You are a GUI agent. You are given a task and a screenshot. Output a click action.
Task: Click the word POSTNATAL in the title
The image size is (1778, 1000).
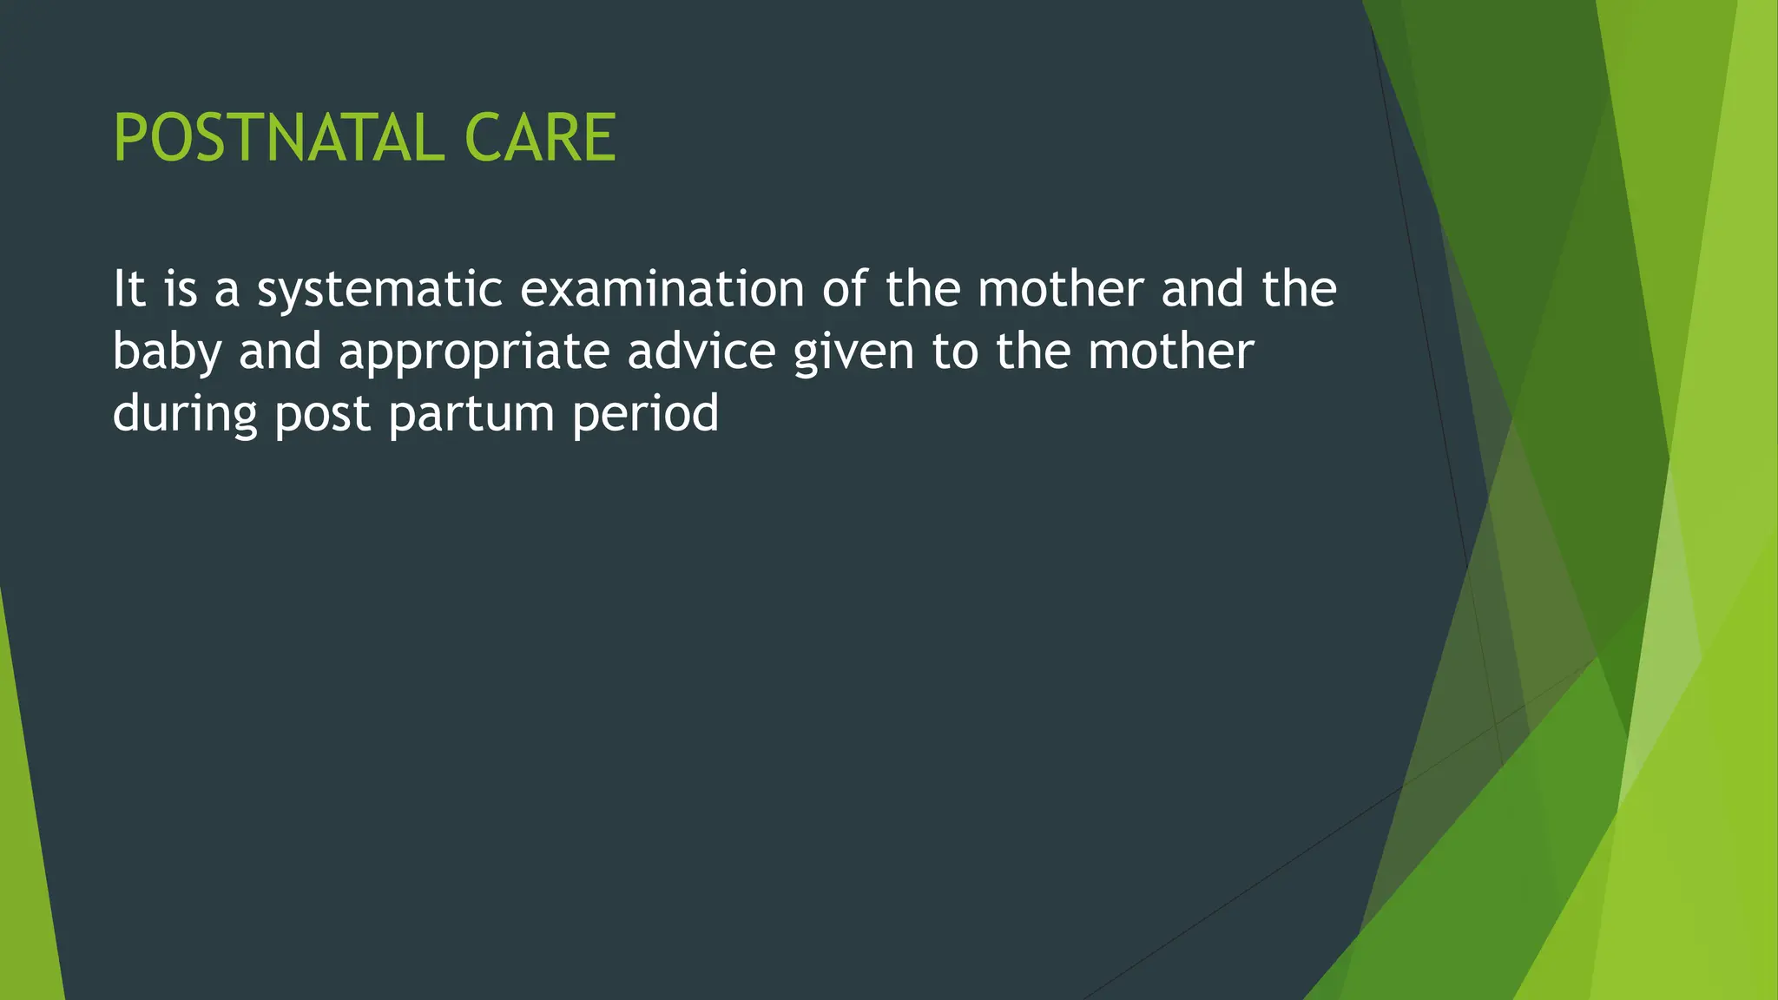pyautogui.click(x=279, y=139)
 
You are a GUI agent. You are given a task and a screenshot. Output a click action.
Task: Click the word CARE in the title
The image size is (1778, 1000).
pyautogui.click(x=540, y=139)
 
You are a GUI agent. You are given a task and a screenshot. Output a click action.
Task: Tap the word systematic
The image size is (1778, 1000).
pyautogui.click(x=379, y=291)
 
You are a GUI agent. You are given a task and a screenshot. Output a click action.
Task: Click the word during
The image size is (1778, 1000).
pyautogui.click(x=185, y=414)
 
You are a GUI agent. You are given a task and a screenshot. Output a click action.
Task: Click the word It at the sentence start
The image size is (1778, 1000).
pyautogui.click(x=128, y=289)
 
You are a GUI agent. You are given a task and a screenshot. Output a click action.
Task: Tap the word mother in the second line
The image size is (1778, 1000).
pyautogui.click(x=1170, y=352)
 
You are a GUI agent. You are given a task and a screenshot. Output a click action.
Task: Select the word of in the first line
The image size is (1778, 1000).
pyautogui.click(x=844, y=289)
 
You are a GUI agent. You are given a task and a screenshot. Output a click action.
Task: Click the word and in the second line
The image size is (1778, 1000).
pyautogui.click(x=280, y=352)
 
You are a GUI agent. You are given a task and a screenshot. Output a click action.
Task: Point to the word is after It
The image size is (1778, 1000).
pyautogui.click(x=181, y=289)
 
